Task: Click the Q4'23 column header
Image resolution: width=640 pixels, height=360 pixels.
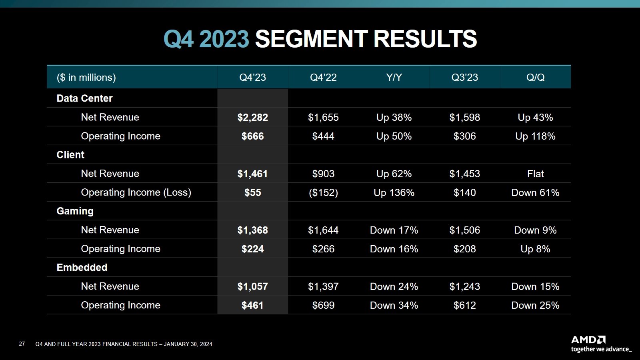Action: pyautogui.click(x=252, y=77)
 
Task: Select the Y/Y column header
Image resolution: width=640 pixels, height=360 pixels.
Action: pyautogui.click(x=394, y=77)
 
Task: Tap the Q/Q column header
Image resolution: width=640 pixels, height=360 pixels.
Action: pyautogui.click(x=535, y=77)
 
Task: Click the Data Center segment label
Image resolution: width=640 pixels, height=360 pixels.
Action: pyautogui.click(x=84, y=98)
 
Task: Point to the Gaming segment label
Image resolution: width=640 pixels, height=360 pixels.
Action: pyautogui.click(x=75, y=211)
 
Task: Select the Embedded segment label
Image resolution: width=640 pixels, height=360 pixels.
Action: pyautogui.click(x=82, y=268)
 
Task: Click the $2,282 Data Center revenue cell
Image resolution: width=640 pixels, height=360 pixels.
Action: pyautogui.click(x=252, y=118)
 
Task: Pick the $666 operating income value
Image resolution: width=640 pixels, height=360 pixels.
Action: pyautogui.click(x=252, y=136)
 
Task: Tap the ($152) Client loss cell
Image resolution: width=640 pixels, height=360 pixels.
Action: pyautogui.click(x=323, y=193)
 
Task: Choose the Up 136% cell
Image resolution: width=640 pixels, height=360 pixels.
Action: pyautogui.click(x=394, y=193)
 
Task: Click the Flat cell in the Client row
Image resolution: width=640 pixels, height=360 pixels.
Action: pyautogui.click(x=535, y=174)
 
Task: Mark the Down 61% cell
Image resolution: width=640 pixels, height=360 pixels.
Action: pyautogui.click(x=535, y=193)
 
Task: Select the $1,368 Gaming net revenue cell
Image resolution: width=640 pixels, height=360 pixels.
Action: pyautogui.click(x=252, y=230)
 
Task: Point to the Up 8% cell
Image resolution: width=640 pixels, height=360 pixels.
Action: pyautogui.click(x=535, y=249)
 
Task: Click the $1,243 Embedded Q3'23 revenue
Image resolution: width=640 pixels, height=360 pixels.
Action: pyautogui.click(x=464, y=287)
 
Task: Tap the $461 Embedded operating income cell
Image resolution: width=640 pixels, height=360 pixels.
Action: pyautogui.click(x=252, y=306)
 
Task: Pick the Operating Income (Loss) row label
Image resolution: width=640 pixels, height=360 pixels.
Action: pyautogui.click(x=136, y=192)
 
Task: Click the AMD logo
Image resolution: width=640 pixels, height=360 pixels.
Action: pyautogui.click(x=588, y=340)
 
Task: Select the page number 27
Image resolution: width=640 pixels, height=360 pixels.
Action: pyautogui.click(x=22, y=344)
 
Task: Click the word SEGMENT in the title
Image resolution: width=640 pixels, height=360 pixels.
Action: pyautogui.click(x=311, y=39)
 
